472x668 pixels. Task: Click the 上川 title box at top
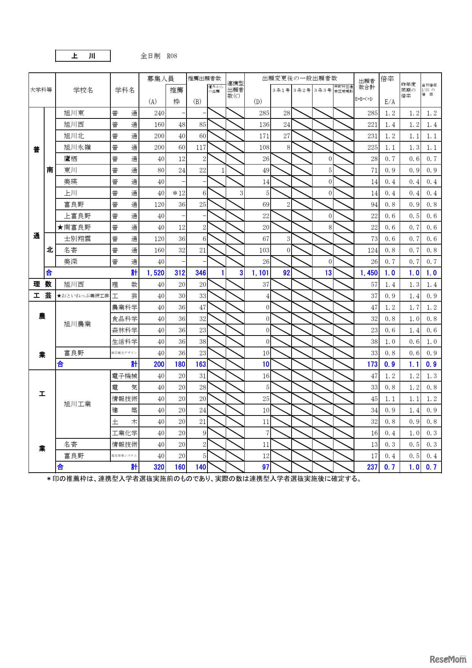83,56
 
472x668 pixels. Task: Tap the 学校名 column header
83,90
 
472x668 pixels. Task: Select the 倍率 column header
387,79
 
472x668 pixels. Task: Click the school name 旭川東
74,113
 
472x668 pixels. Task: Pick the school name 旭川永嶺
77,147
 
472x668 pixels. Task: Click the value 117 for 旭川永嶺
201,147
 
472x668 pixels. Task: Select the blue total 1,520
155,273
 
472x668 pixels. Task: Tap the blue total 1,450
368,273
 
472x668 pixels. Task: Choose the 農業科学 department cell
124,307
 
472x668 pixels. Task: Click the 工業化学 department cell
124,433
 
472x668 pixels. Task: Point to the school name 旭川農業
77,324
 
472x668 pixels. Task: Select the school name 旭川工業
77,404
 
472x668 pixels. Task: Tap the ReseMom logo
448,659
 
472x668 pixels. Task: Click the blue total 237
372,467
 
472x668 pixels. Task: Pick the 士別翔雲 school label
77,239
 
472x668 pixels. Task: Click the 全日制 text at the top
150,56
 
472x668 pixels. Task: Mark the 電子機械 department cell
124,376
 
